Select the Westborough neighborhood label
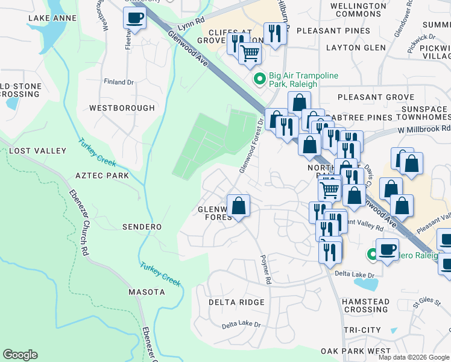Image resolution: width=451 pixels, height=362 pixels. [122, 108]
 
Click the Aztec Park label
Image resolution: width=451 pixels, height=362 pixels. [102, 176]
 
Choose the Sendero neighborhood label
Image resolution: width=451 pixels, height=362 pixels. [142, 227]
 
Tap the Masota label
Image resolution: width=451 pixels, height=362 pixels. [147, 292]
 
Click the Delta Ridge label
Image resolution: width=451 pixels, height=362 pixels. [236, 302]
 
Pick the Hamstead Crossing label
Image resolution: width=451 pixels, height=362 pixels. [365, 305]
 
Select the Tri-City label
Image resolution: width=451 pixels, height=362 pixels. [362, 330]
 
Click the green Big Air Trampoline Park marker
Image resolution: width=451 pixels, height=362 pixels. [260, 78]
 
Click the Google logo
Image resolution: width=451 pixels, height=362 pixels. [20, 355]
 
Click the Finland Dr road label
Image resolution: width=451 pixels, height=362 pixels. [119, 82]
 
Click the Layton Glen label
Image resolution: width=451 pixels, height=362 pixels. [356, 48]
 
